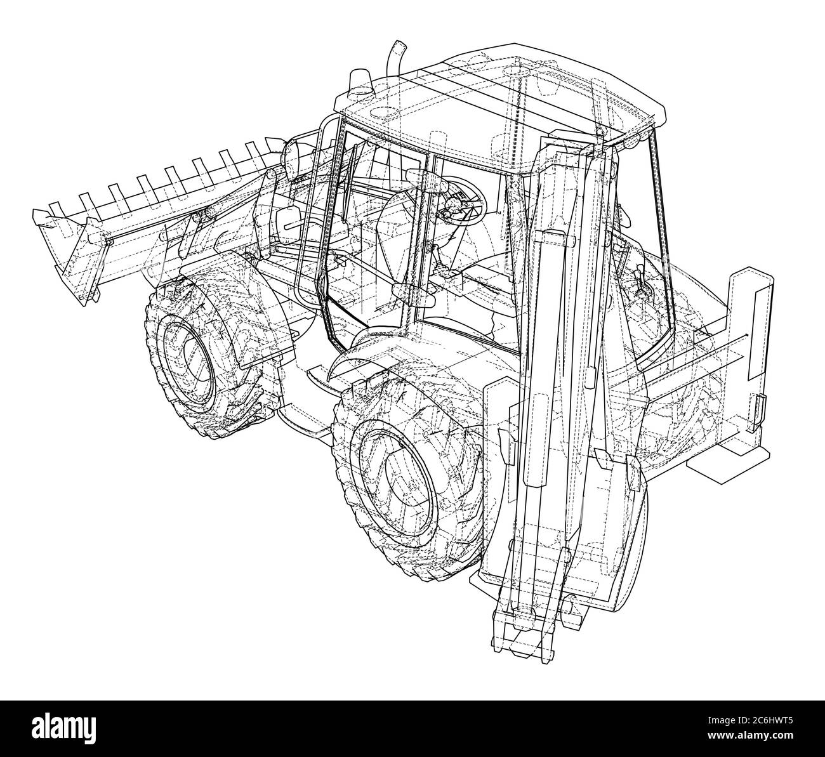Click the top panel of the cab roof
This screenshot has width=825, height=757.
pos(508,102)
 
